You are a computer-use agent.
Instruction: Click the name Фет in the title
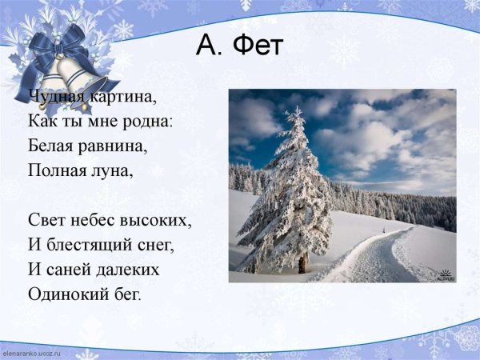(258, 47)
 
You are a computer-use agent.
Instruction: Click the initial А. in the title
(210, 47)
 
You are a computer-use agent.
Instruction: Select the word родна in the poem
(150, 122)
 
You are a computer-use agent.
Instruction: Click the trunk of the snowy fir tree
(303, 262)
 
